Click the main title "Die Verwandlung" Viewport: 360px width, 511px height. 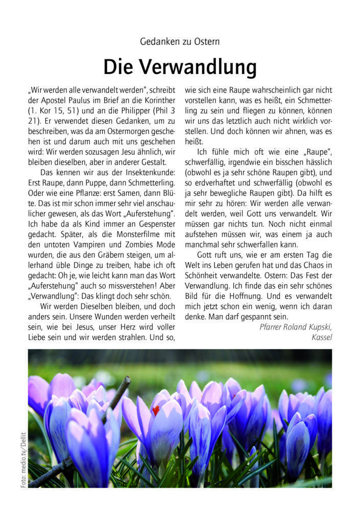point(180,66)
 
